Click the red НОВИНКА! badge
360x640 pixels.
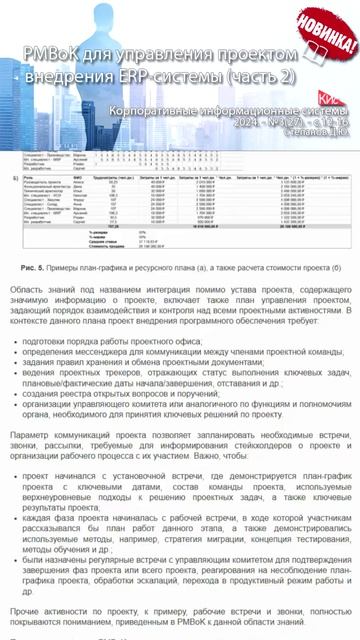click(329, 34)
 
